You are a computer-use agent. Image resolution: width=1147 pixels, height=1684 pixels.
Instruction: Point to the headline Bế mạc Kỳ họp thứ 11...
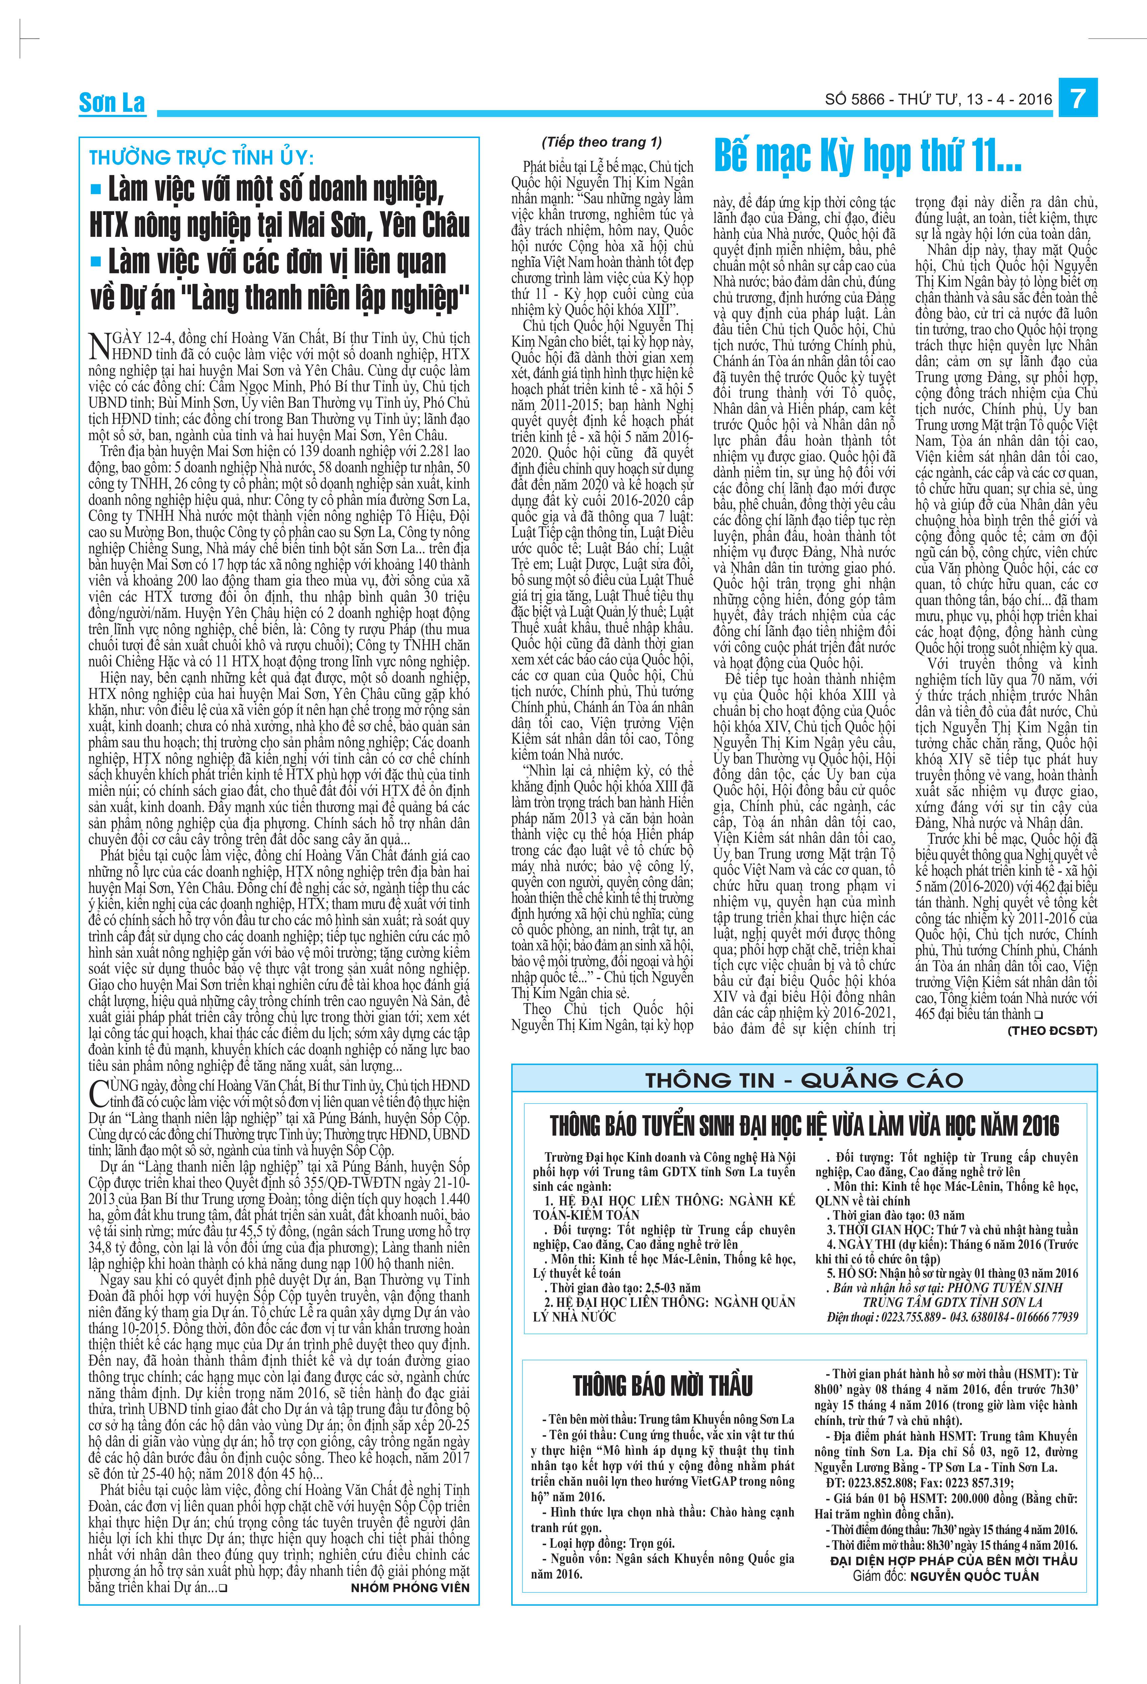[867, 156]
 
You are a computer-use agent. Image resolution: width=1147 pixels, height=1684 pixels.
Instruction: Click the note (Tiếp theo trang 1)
[601, 142]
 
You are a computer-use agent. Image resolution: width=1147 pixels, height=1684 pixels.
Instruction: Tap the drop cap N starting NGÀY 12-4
[98, 346]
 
